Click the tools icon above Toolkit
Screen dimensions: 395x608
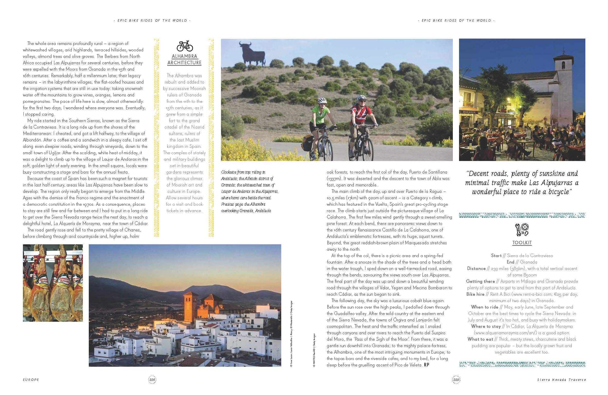coord(522,230)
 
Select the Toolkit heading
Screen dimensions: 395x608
coord(522,243)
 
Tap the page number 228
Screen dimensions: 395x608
coord(152,380)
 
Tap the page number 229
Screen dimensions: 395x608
coord(456,380)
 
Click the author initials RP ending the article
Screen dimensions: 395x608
coord(426,365)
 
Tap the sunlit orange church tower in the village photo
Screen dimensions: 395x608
coord(191,306)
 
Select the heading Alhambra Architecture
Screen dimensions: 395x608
coord(184,59)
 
